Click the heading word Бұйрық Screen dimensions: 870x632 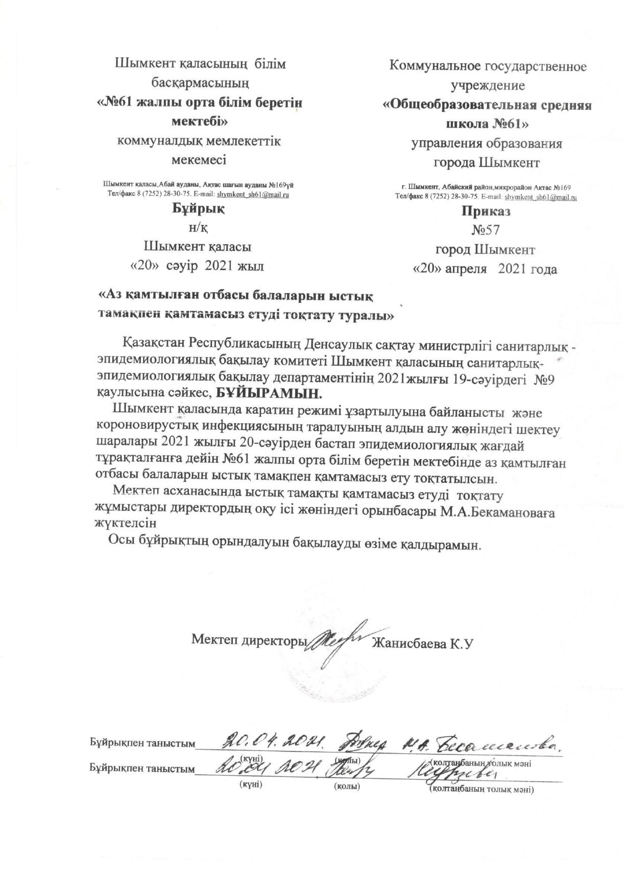[198, 208]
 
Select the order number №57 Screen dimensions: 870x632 [485, 230]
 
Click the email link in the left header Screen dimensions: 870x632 [253, 195]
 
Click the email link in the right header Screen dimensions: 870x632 [544, 197]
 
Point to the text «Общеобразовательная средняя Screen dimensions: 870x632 [487, 106]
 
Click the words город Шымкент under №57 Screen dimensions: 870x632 [485, 250]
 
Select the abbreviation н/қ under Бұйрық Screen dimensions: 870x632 [198, 228]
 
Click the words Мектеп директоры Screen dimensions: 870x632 [249, 640]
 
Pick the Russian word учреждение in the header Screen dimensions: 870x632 [487, 85]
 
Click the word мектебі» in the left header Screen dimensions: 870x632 [198, 122]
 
